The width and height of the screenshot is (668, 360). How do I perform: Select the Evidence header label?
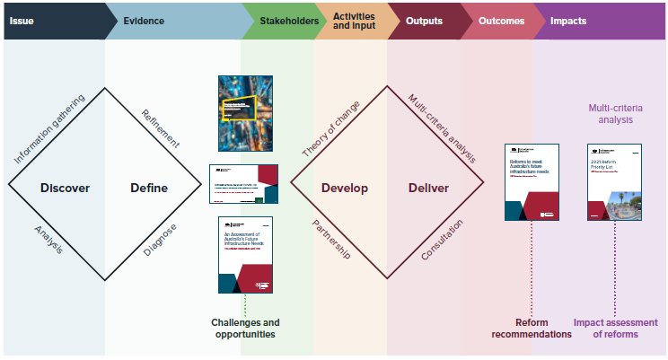point(144,20)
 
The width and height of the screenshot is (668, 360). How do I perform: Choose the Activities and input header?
point(354,20)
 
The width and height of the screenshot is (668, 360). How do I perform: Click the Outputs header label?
point(423,20)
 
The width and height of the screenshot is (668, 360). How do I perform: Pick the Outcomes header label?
point(501,20)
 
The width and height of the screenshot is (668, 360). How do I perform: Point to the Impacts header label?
point(567,20)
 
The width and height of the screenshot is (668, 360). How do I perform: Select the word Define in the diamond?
point(148,189)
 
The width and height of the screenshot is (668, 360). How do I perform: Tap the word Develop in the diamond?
point(345,189)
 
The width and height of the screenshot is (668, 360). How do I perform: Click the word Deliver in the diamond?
point(428,189)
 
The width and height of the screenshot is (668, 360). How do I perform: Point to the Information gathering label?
point(49,129)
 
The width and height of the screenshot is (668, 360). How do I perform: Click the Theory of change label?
point(330,129)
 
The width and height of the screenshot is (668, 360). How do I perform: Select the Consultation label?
point(442,241)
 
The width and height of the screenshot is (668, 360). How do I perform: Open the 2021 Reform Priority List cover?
point(615,181)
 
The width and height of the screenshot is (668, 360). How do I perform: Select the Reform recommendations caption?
point(532,329)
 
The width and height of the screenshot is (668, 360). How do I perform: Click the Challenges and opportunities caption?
point(245,329)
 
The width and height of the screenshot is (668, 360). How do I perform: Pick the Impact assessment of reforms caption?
point(617,329)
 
